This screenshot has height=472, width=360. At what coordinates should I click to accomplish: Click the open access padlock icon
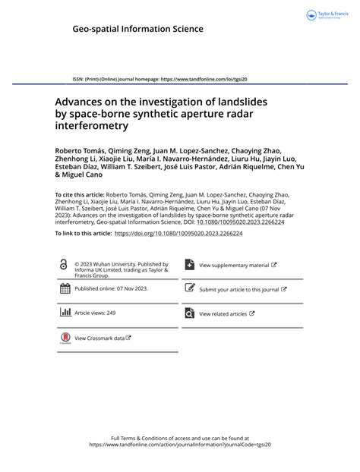[63, 264]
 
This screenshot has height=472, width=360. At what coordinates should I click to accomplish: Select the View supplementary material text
[235, 266]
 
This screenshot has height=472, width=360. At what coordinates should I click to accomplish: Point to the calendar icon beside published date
[63, 289]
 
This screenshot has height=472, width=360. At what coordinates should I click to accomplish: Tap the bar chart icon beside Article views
[63, 313]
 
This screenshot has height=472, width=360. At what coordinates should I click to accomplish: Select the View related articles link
[223, 313]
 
